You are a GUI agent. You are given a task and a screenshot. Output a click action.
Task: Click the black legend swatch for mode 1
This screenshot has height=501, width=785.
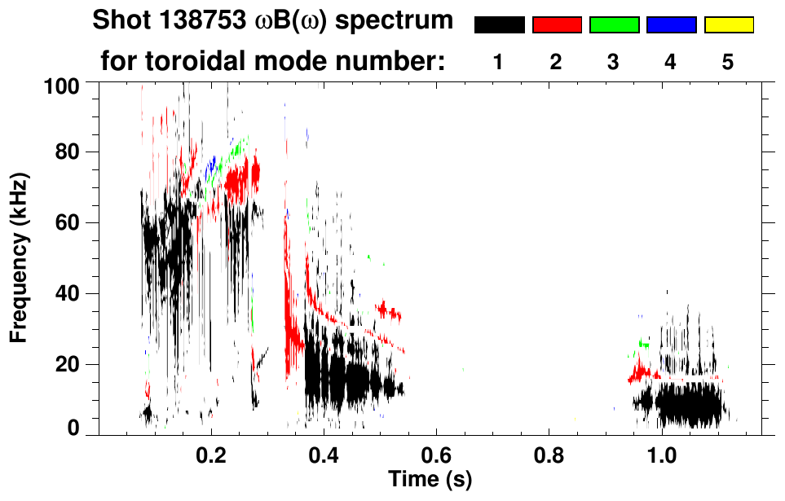click(499, 25)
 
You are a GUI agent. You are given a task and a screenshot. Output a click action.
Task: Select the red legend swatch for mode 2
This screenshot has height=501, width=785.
click(557, 25)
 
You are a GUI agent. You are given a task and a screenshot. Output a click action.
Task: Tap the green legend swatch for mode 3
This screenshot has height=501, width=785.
click(614, 25)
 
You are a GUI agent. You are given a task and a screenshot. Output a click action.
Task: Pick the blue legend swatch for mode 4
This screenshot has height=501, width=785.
click(671, 25)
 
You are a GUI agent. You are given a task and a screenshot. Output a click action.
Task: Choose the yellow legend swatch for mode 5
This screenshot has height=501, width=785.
click(729, 25)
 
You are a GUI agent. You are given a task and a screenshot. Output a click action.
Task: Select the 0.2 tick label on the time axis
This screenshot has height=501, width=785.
click(211, 451)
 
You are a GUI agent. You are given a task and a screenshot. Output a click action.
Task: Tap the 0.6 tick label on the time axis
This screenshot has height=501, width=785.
click(436, 451)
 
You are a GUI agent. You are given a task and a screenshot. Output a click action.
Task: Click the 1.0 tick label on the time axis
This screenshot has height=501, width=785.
click(661, 451)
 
